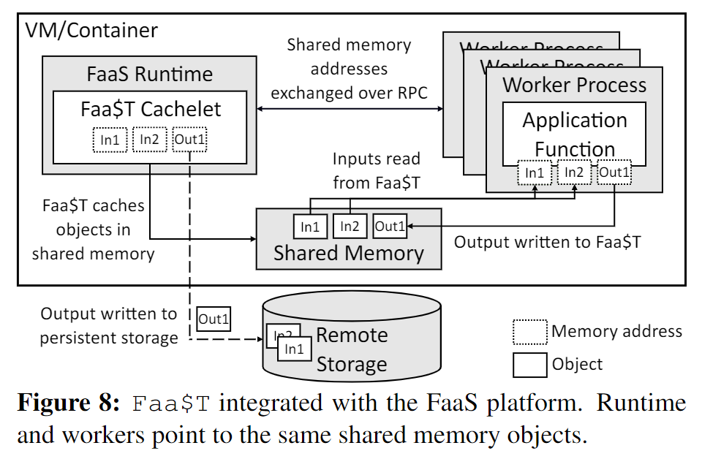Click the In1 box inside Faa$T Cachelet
click(110, 140)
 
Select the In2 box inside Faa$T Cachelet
click(149, 140)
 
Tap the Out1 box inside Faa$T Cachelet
click(189, 140)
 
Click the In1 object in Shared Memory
click(309, 227)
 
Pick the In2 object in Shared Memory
click(350, 227)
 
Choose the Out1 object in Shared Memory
click(390, 227)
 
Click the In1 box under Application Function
click(535, 173)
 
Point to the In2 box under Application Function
click(574, 173)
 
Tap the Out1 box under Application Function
click(614, 173)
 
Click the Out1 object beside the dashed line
click(214, 319)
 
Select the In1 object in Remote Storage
click(294, 349)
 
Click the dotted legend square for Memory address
click(529, 332)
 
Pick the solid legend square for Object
click(529, 365)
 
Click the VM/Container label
click(91, 31)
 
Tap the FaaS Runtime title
click(149, 74)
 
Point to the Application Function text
click(575, 134)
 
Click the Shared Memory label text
click(348, 254)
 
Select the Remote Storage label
click(351, 349)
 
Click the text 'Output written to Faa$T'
click(547, 242)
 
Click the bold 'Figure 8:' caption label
click(68, 403)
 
